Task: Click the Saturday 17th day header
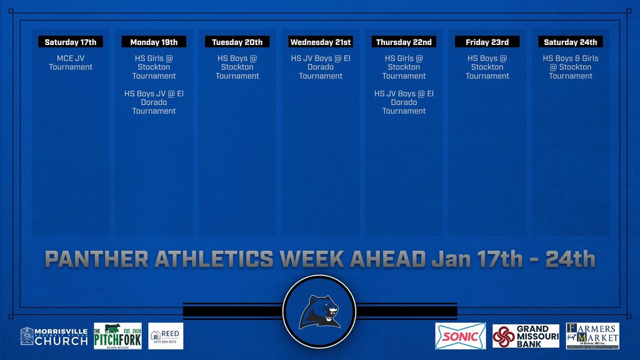coord(71,42)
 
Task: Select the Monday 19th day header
coord(154,42)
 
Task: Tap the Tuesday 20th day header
coord(237,42)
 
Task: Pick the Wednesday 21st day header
coord(321,42)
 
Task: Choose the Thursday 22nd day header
coord(404,42)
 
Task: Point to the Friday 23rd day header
coord(487,42)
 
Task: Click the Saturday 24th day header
coord(570,42)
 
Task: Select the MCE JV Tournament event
coord(71,62)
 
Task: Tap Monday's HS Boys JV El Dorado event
coord(154,102)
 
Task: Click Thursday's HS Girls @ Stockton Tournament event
coord(404,67)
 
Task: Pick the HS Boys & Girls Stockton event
coord(570,67)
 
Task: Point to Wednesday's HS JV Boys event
coord(321,67)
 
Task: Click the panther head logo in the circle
coord(319,311)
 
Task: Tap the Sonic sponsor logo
coord(460,336)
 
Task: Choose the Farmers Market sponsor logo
coord(592,336)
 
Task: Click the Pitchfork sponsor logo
coord(117,336)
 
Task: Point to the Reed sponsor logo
coord(166,336)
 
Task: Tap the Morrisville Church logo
coord(54,336)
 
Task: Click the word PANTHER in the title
coord(96,259)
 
